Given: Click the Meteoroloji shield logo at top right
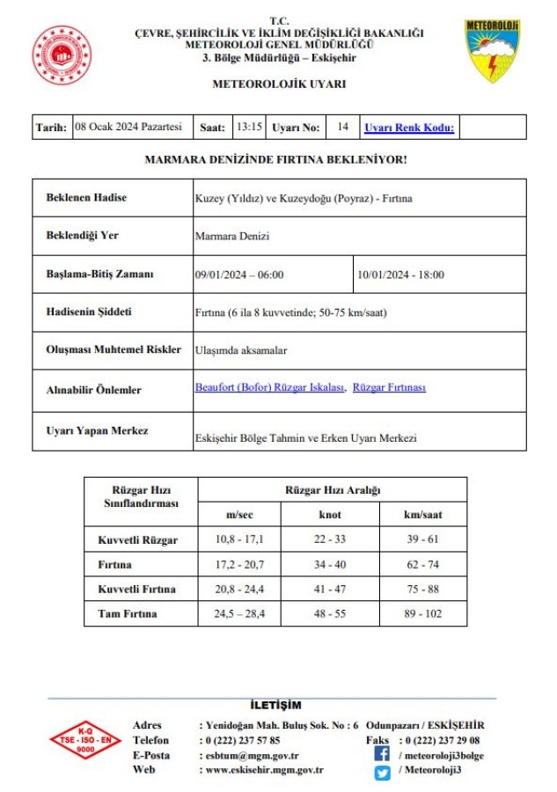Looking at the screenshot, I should pos(492,51).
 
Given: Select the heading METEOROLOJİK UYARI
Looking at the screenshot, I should pos(279,84).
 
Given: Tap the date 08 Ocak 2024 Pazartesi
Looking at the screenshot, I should pos(128,127).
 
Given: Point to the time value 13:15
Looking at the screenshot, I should pos(249,127).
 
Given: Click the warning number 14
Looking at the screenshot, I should pos(342,127).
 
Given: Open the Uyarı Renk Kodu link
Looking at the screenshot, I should pos(409,128).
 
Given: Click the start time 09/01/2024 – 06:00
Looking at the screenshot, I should pos(239,275).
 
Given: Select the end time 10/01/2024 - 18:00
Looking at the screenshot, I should pos(400,275).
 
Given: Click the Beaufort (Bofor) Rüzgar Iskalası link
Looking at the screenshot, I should pos(269,387).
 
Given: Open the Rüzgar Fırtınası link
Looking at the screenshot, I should pos(389,387).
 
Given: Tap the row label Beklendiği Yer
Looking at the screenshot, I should pos(82,236).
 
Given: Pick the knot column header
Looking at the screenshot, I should pos(330,514).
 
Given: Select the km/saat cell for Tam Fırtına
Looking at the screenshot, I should pos(422,613).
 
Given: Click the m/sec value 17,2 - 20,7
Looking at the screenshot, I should pos(239,564).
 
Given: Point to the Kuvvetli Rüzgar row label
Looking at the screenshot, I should pos(136,539).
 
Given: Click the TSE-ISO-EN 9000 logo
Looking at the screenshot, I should pos(84,744).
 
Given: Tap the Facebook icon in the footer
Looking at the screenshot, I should pos(382,754).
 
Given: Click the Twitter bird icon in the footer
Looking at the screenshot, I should pos(382,773).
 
